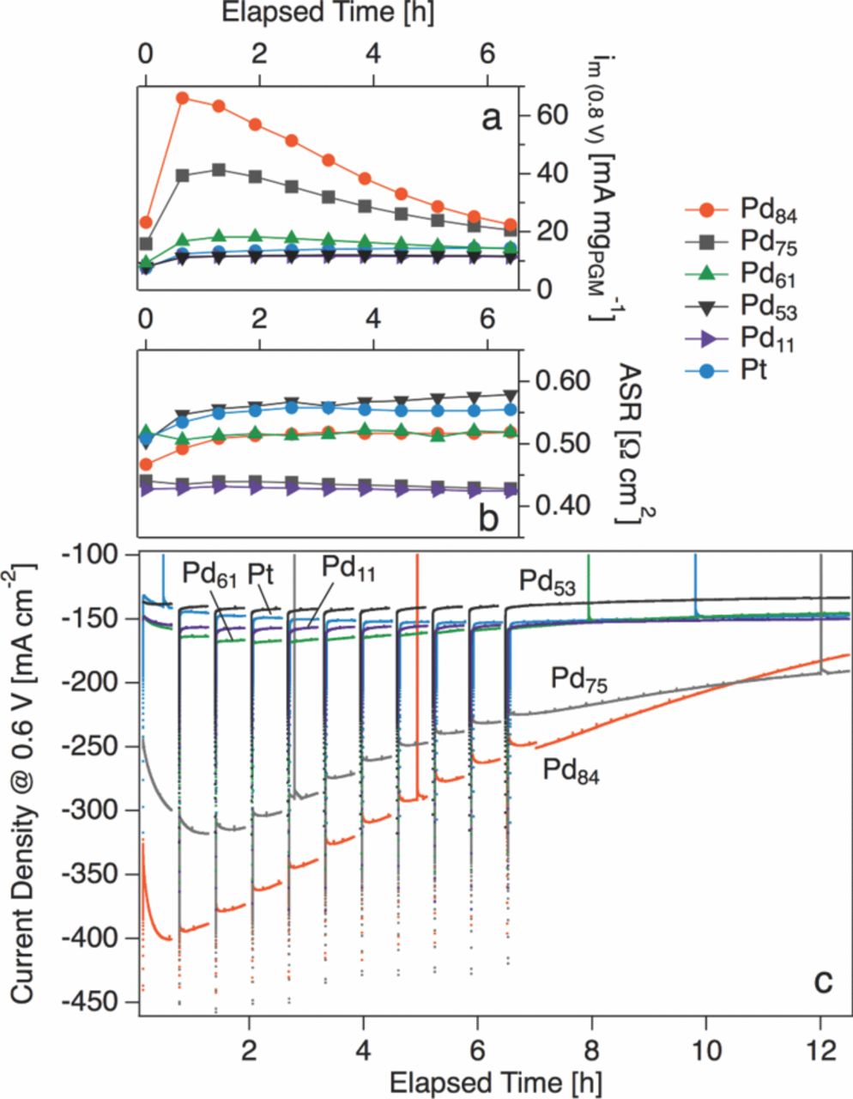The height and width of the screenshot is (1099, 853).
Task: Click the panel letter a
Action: coord(491,118)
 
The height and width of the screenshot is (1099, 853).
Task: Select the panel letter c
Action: coord(823,980)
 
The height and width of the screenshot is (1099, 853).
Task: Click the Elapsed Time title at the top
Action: coord(315,15)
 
